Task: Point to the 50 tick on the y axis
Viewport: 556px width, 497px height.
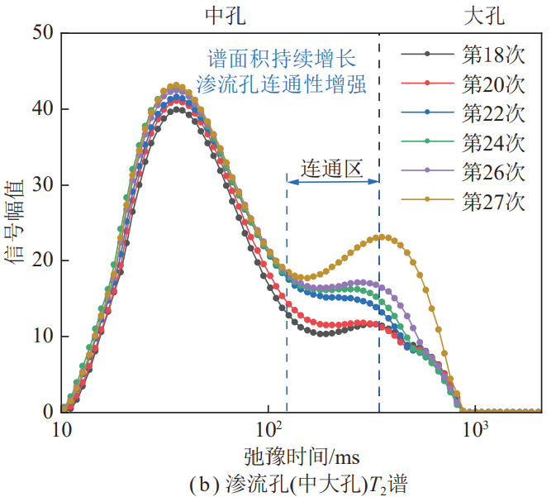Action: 42,33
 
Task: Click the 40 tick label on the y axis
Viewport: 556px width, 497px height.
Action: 42,109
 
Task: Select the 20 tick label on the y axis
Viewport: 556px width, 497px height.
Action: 42,260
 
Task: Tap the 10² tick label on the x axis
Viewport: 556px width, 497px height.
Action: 268,431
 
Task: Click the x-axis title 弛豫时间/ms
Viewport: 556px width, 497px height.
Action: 302,456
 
